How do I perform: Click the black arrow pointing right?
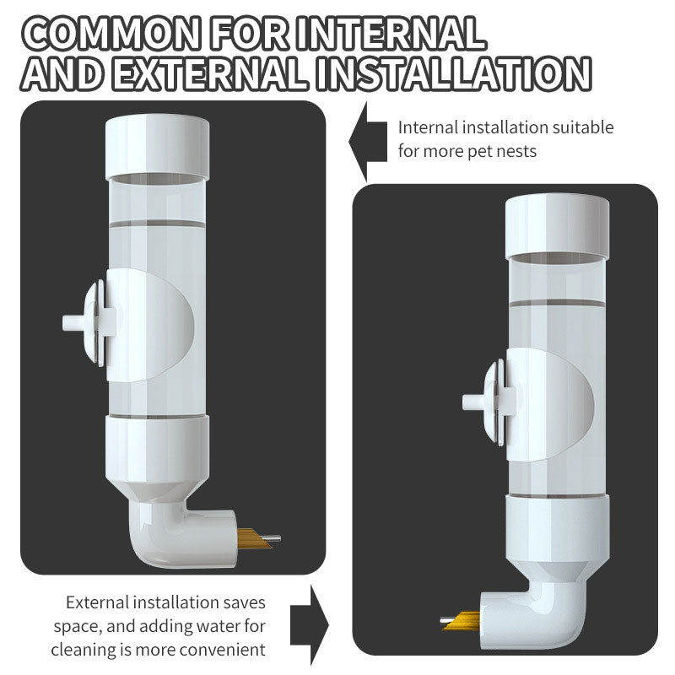(316, 624)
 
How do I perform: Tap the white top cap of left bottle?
(158, 146)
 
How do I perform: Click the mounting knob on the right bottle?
(483, 400)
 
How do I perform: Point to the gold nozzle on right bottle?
(459, 621)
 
